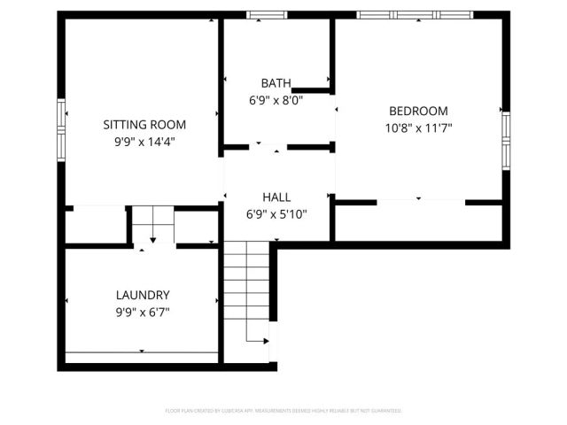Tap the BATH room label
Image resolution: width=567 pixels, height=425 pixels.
(276, 82)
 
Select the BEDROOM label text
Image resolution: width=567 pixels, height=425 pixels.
(418, 112)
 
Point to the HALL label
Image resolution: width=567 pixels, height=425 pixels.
(276, 197)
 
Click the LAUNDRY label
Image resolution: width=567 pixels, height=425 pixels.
(143, 295)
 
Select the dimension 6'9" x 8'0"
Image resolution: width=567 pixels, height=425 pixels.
(276, 100)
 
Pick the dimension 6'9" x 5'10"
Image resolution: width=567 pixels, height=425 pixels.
(276, 213)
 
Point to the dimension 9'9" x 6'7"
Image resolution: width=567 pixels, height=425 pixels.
(143, 311)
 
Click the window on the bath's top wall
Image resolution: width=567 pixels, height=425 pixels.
(267, 14)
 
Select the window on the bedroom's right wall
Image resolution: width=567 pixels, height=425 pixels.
(506, 139)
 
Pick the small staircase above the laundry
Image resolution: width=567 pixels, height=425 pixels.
(152, 224)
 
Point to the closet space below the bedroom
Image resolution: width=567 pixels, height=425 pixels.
(419, 222)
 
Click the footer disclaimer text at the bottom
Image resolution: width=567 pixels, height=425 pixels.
(283, 411)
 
